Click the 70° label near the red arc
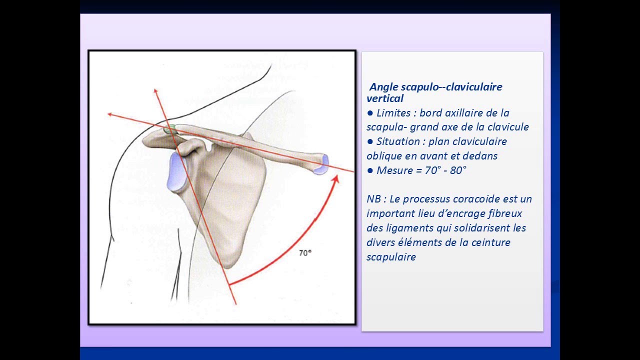tap(305, 253)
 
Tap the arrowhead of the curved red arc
tap(336, 179)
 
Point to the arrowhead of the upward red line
tap(156, 92)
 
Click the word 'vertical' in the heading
tap(385, 98)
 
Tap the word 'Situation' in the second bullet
tap(399, 141)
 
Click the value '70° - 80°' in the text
tap(445, 170)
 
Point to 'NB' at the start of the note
tap(373, 199)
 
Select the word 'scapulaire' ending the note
tap(391, 257)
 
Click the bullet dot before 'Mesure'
tap(370, 170)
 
